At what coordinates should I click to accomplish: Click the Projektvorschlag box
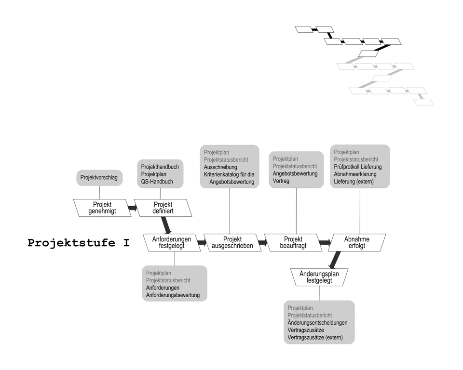point(100,178)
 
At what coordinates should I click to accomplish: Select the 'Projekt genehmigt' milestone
point(102,208)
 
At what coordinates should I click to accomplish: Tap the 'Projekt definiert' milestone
point(163,208)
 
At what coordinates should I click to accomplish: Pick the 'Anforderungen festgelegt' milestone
point(172,242)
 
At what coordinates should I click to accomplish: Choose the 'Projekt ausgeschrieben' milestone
point(232,242)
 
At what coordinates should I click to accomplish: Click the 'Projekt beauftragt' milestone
point(293,242)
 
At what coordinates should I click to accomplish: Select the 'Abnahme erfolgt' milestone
point(357,242)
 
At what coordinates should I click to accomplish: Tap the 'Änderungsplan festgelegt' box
point(319,277)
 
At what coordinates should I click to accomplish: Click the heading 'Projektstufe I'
point(79,243)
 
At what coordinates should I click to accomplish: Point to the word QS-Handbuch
point(157,182)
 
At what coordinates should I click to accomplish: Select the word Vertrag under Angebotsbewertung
point(281,181)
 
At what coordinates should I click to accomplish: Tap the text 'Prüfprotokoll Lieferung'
point(357,167)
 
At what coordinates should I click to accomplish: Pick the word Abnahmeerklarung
point(355,174)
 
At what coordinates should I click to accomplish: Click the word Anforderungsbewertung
point(173,295)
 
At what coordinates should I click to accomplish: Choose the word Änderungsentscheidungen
point(317,323)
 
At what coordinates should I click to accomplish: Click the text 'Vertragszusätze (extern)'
point(315,338)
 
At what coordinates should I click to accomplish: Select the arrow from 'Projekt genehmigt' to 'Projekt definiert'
point(132,208)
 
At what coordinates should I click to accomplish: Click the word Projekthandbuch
point(160,167)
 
